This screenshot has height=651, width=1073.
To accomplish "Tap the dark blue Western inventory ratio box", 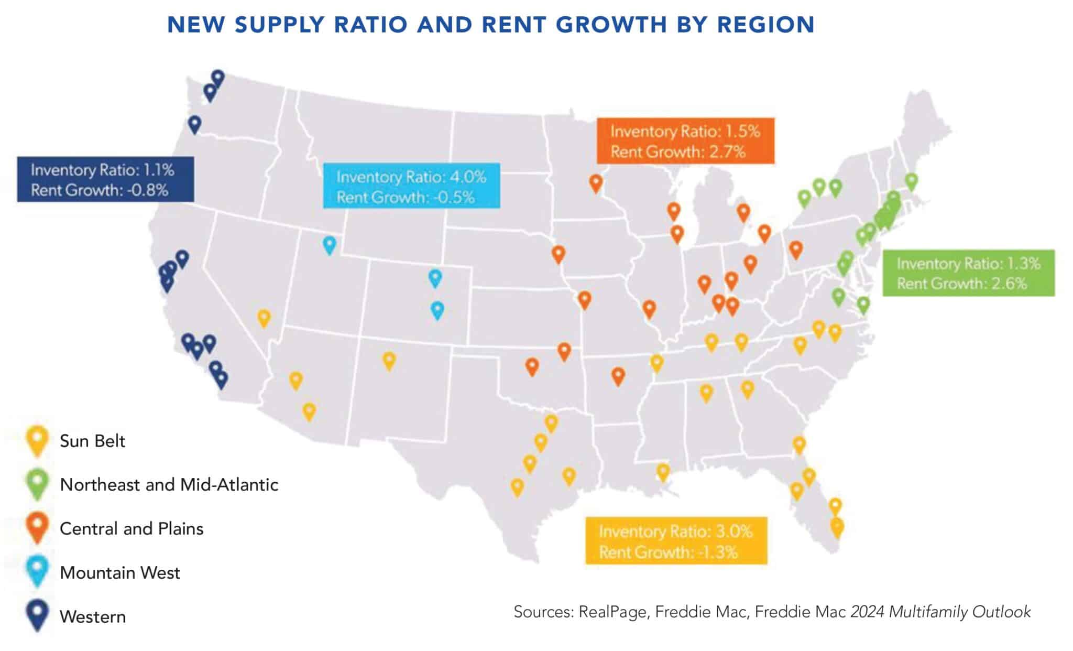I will [105, 179].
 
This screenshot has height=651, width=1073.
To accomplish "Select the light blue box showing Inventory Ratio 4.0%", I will [411, 187].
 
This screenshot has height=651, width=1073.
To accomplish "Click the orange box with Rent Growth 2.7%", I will [685, 141].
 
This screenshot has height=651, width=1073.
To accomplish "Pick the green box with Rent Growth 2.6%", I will [968, 273].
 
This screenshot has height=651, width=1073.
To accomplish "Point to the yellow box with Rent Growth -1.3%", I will [676, 541].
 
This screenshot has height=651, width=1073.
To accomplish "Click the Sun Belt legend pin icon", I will [37, 440].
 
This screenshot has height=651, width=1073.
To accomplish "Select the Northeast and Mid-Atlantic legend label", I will [169, 484].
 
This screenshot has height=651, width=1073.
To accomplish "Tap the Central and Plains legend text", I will [132, 528].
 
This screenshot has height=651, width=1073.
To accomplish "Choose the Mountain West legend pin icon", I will [37, 571].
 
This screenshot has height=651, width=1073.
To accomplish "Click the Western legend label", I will [93, 616].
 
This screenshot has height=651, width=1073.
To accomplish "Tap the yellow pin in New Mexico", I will [389, 360].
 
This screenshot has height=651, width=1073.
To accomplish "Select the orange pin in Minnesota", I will [595, 183].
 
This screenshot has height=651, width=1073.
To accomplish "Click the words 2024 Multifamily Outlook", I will [940, 612].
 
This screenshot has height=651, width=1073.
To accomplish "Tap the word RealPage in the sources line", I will [612, 612].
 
